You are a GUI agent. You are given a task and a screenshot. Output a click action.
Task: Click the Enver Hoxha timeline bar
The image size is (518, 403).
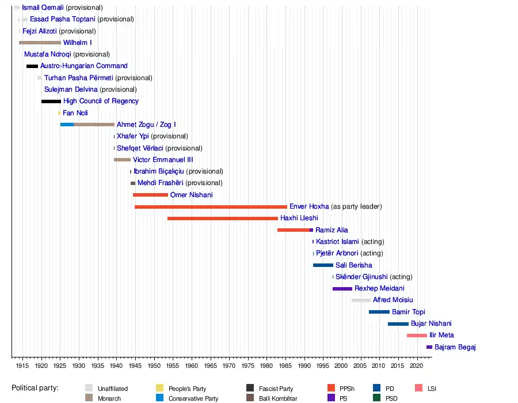point(211,206)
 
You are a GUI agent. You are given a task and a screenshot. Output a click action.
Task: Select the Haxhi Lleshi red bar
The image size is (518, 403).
point(222,219)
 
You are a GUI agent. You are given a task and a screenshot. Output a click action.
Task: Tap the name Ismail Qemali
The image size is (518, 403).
point(43,7)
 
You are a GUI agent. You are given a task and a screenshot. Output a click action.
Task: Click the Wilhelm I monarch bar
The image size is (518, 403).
point(40,43)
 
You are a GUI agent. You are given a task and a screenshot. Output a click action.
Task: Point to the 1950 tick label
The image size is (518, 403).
point(154,366)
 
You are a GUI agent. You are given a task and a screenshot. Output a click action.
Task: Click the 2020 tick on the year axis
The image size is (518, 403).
point(417,366)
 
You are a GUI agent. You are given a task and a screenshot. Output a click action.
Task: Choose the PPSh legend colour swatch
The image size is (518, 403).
point(331,389)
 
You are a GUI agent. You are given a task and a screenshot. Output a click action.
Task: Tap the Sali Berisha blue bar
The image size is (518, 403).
point(323,265)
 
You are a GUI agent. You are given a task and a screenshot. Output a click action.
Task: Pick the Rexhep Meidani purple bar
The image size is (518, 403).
point(342,289)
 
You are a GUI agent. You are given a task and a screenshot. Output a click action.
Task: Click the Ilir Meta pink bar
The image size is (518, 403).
point(417,336)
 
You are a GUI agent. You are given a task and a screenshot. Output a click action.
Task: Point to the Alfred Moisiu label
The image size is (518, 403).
point(393,300)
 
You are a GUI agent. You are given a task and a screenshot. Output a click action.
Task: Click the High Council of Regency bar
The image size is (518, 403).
point(51,101)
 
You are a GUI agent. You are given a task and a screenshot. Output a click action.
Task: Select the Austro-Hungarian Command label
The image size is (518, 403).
point(83,66)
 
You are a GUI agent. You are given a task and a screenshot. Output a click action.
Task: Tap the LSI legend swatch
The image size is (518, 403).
point(417,389)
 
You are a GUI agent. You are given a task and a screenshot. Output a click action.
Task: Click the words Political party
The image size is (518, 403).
point(35,388)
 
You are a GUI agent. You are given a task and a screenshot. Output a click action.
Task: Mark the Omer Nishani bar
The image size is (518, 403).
point(150,195)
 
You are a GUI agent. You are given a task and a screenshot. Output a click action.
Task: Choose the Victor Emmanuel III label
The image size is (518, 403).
point(163,160)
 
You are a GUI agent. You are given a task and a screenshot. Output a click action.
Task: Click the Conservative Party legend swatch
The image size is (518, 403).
point(161,398)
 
